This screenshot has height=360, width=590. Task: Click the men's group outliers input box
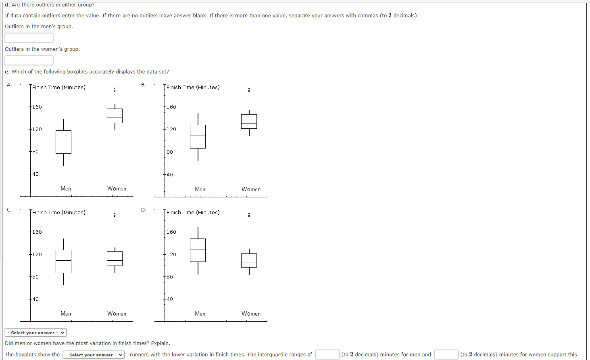[x=29, y=38]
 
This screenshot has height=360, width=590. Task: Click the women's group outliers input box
[x=29, y=60]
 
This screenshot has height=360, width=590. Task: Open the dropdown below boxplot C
[x=35, y=333]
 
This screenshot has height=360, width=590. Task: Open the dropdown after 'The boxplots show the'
[x=94, y=355]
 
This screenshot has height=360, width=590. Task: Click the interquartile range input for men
[x=327, y=355]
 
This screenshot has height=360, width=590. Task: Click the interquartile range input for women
[x=446, y=355]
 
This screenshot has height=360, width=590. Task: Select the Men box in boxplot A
[x=63, y=142]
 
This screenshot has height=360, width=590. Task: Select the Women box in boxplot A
[x=115, y=116]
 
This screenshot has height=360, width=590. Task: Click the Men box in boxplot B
[x=198, y=136]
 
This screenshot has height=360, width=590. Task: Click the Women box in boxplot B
[x=249, y=121]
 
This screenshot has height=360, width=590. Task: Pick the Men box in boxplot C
[x=63, y=261]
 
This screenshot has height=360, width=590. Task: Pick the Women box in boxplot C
[x=115, y=259]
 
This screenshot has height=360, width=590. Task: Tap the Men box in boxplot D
[x=198, y=250]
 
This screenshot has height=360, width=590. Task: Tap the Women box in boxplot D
[x=249, y=260]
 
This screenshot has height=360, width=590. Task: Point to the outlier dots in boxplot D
[x=249, y=214]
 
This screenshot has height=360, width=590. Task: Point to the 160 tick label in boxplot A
[x=37, y=107]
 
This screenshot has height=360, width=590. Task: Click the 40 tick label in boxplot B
[x=170, y=175]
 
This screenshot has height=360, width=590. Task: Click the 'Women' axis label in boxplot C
[x=117, y=314]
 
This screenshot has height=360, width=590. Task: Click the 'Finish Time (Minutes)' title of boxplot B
[x=193, y=87]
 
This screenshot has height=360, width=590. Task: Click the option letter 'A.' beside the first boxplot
[x=9, y=85]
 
